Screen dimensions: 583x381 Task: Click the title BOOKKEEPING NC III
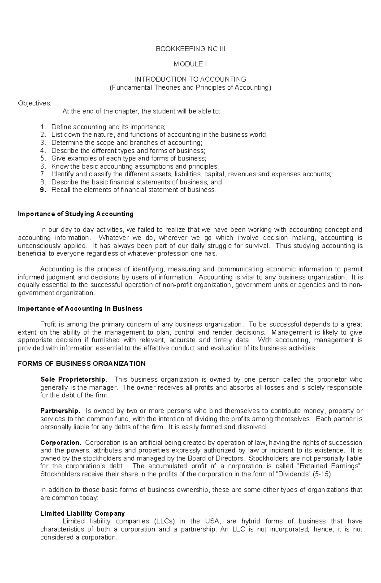tap(190, 49)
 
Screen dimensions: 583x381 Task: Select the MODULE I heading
tap(190, 64)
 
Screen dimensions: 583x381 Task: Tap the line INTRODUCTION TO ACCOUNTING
tap(190, 79)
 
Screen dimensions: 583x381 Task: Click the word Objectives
tap(34, 103)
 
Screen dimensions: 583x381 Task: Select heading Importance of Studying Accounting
tap(76, 214)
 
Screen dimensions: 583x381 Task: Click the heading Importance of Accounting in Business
tap(80, 308)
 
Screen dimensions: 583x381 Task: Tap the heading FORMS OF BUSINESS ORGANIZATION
tap(82, 363)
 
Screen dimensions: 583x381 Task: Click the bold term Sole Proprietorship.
tap(74, 379)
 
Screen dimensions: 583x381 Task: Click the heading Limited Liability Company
tap(83, 513)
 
